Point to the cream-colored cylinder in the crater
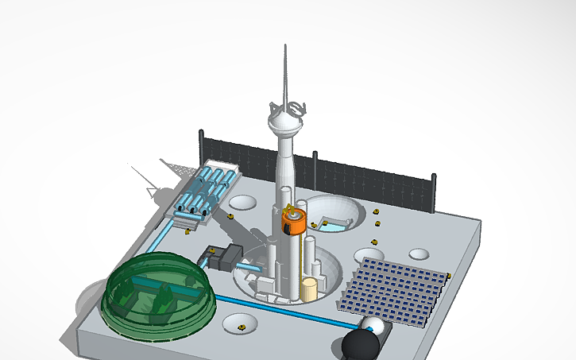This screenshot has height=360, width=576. point(308,288)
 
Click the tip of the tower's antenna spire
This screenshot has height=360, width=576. point(284,47)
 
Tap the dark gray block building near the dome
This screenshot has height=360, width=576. point(230,257)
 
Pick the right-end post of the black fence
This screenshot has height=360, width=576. point(433,192)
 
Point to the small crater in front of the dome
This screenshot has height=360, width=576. point(239,324)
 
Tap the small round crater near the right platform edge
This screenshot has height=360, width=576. point(419,254)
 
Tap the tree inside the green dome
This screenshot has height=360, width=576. point(166,300)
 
